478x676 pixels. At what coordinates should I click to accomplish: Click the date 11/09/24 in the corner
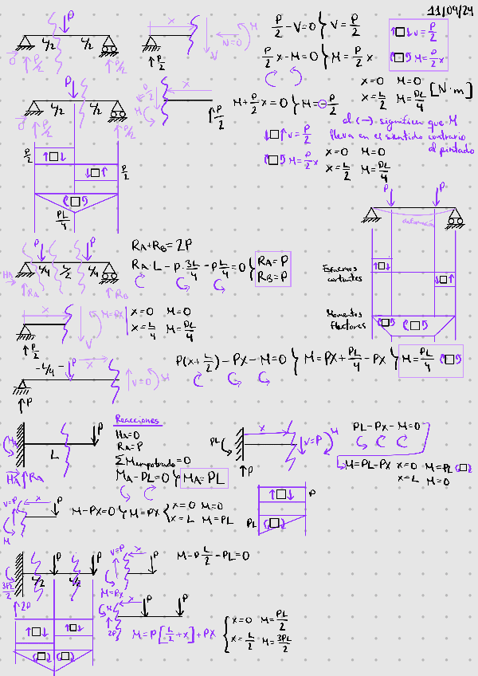tap(449, 10)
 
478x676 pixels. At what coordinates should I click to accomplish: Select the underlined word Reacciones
tap(137, 420)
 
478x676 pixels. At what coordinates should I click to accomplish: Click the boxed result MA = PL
tap(205, 478)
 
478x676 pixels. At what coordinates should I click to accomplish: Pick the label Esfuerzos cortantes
tap(343, 273)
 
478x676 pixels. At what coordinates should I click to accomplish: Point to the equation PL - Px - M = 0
tap(390, 426)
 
